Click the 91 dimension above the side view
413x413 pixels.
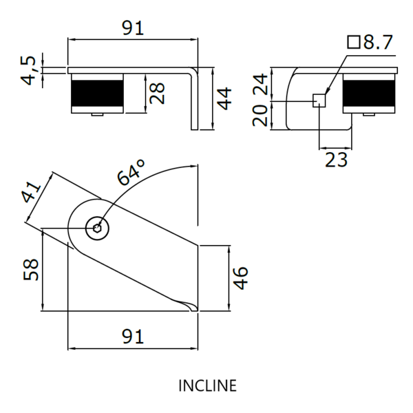click(133, 29)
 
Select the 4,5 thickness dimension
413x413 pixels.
click(28, 70)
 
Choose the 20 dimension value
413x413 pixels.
click(260, 116)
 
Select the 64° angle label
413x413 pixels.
click(131, 172)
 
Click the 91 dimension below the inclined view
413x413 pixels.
click(133, 337)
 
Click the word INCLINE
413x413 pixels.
click(206, 385)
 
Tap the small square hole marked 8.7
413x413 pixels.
click(319, 100)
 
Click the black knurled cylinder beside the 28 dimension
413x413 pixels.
click(96, 92)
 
